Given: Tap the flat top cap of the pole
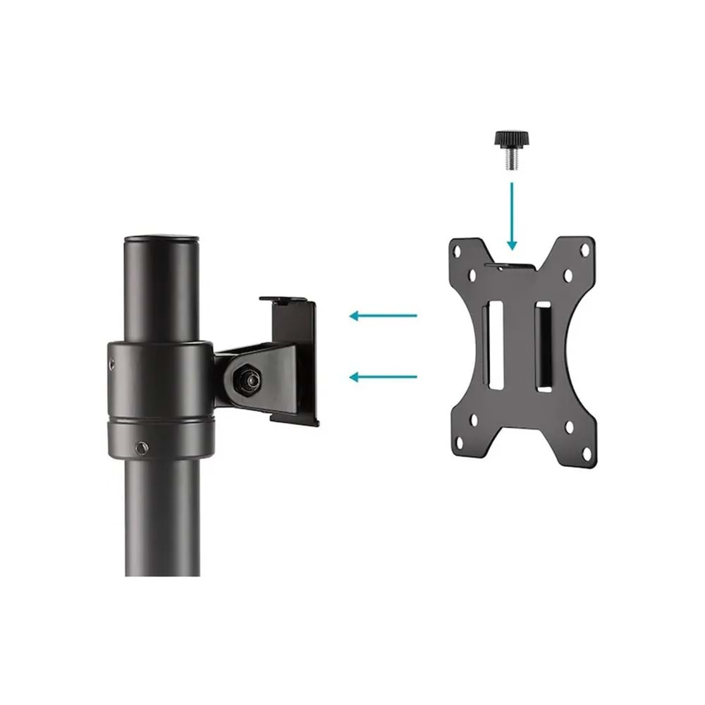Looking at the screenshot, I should (x=161, y=239).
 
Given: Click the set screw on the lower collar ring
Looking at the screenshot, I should (x=143, y=448).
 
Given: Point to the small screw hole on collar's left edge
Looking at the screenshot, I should (x=112, y=364).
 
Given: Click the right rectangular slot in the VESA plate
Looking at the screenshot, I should (x=544, y=345).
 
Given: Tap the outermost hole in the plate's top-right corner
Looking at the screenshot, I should (x=583, y=249).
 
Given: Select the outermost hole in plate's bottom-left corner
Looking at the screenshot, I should (x=459, y=445).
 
